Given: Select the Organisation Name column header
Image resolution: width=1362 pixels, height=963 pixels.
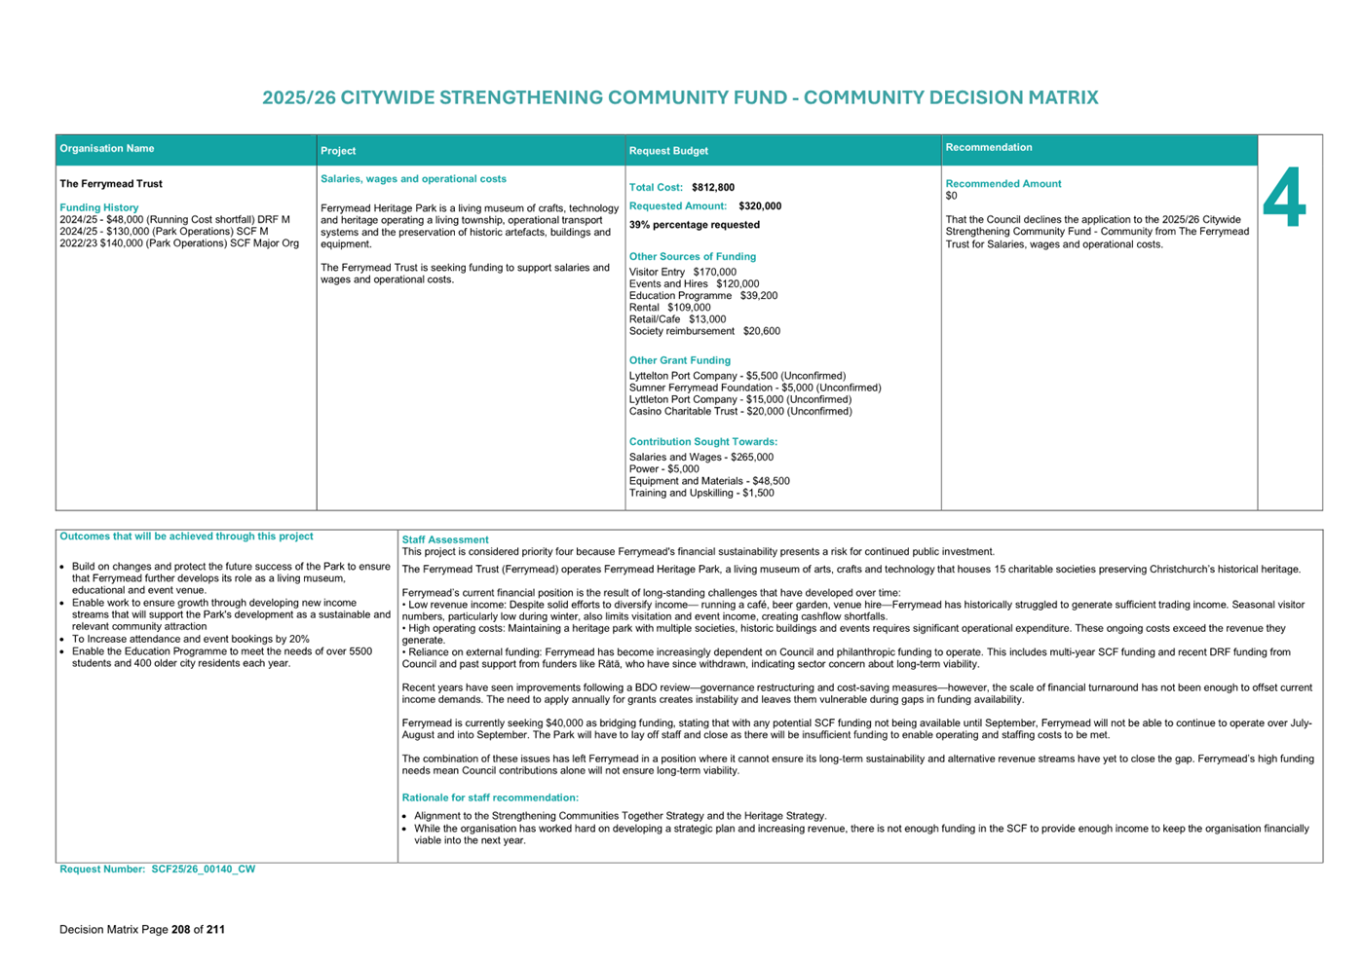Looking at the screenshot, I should tap(107, 149).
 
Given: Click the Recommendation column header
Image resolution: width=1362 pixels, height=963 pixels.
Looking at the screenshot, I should tap(989, 148).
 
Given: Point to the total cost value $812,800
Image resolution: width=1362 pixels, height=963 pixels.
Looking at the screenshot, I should tap(713, 188).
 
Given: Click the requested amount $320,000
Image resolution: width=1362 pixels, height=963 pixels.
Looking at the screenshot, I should tap(760, 206).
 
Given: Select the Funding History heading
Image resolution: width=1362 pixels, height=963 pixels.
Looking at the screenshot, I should tap(99, 207).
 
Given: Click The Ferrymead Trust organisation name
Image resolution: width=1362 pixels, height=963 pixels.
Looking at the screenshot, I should tap(111, 184).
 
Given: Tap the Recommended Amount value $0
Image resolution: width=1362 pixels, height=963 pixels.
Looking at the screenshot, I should tap(951, 196).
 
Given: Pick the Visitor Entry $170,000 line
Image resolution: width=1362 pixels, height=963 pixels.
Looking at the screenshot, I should tap(682, 273).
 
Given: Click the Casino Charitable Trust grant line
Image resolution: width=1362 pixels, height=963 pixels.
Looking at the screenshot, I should tap(740, 412).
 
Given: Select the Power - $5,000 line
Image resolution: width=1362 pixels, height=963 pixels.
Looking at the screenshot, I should tap(663, 469).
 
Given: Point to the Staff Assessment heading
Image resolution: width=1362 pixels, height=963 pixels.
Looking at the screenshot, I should tap(445, 539).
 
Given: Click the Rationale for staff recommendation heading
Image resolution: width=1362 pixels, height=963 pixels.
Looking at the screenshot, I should tap(490, 798).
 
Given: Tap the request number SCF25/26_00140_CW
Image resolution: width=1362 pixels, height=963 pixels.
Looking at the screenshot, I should tap(203, 870).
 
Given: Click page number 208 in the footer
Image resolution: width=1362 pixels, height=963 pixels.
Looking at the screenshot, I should tap(180, 930).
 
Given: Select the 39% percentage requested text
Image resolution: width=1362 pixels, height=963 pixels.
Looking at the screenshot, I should tap(695, 225).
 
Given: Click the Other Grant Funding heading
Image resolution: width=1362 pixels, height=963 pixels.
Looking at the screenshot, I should tap(679, 360).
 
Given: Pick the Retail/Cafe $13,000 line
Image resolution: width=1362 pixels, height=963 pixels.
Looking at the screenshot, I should tap(677, 319).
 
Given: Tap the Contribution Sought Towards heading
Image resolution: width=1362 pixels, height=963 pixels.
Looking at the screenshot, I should tap(703, 442).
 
